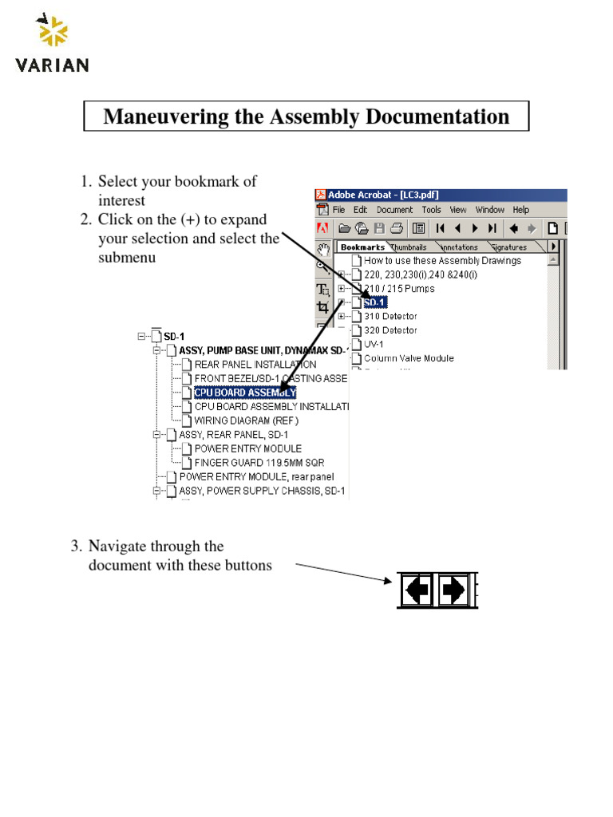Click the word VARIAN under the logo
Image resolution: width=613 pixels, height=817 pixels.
(52, 65)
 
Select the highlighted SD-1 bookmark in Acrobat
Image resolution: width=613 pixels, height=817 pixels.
(375, 302)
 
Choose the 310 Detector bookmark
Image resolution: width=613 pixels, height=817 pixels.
(390, 317)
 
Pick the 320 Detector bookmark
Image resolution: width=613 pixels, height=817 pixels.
(390, 330)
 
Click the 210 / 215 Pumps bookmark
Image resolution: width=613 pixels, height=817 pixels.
(399, 288)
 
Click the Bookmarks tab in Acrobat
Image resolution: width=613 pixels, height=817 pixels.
(362, 247)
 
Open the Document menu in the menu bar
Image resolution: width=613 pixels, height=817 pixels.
(394, 210)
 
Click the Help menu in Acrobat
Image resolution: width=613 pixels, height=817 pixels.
(520, 210)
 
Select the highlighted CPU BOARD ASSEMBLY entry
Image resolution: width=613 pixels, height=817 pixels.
(244, 393)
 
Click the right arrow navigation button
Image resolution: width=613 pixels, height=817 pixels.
(453, 590)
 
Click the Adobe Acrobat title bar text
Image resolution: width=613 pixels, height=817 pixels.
(383, 195)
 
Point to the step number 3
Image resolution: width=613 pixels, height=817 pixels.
(75, 547)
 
